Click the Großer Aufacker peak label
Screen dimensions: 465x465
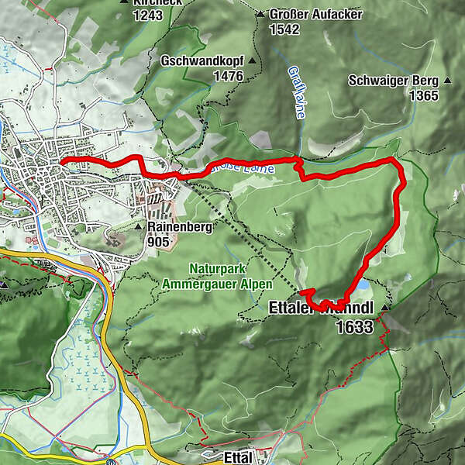(x=304, y=14)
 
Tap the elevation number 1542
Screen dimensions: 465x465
(x=285, y=29)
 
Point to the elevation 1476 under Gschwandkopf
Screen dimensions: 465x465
(x=230, y=76)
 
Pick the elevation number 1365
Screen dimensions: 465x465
(x=425, y=96)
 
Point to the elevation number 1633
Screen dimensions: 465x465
(x=355, y=327)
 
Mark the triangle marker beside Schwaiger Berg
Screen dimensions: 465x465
(x=448, y=81)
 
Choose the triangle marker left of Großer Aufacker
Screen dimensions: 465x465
(x=260, y=14)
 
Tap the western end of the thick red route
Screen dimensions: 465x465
(x=61, y=160)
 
